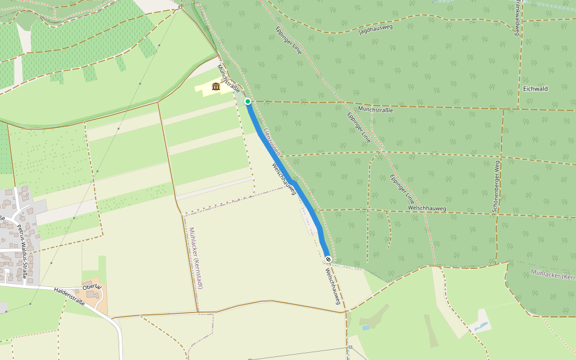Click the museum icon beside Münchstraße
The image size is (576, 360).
[216, 87]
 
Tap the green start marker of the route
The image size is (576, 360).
[247, 101]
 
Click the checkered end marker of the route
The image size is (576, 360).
[328, 259]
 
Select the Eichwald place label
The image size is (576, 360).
[535, 89]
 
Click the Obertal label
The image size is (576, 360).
[92, 287]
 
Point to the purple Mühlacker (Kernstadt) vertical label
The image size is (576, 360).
[196, 258]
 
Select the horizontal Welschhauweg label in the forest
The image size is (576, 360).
[427, 208]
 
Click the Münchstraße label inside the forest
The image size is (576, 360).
[375, 110]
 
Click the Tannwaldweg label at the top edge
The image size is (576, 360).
[517, 17]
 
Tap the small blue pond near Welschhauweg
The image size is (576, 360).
[365, 328]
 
